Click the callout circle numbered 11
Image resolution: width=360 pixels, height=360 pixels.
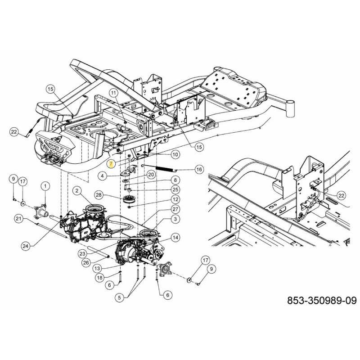113,93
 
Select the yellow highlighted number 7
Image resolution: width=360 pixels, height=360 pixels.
111,164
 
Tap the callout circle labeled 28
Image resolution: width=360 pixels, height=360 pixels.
99,195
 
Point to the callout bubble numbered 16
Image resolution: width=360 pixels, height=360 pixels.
199,170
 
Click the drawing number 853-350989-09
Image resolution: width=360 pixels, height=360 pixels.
322,300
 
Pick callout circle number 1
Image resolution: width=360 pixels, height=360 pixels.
45,186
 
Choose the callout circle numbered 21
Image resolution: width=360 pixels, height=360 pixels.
18,218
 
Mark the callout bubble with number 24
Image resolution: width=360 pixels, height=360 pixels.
26,246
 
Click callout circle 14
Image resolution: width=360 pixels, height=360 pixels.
175,238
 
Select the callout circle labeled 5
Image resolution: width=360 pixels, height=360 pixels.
119,298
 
